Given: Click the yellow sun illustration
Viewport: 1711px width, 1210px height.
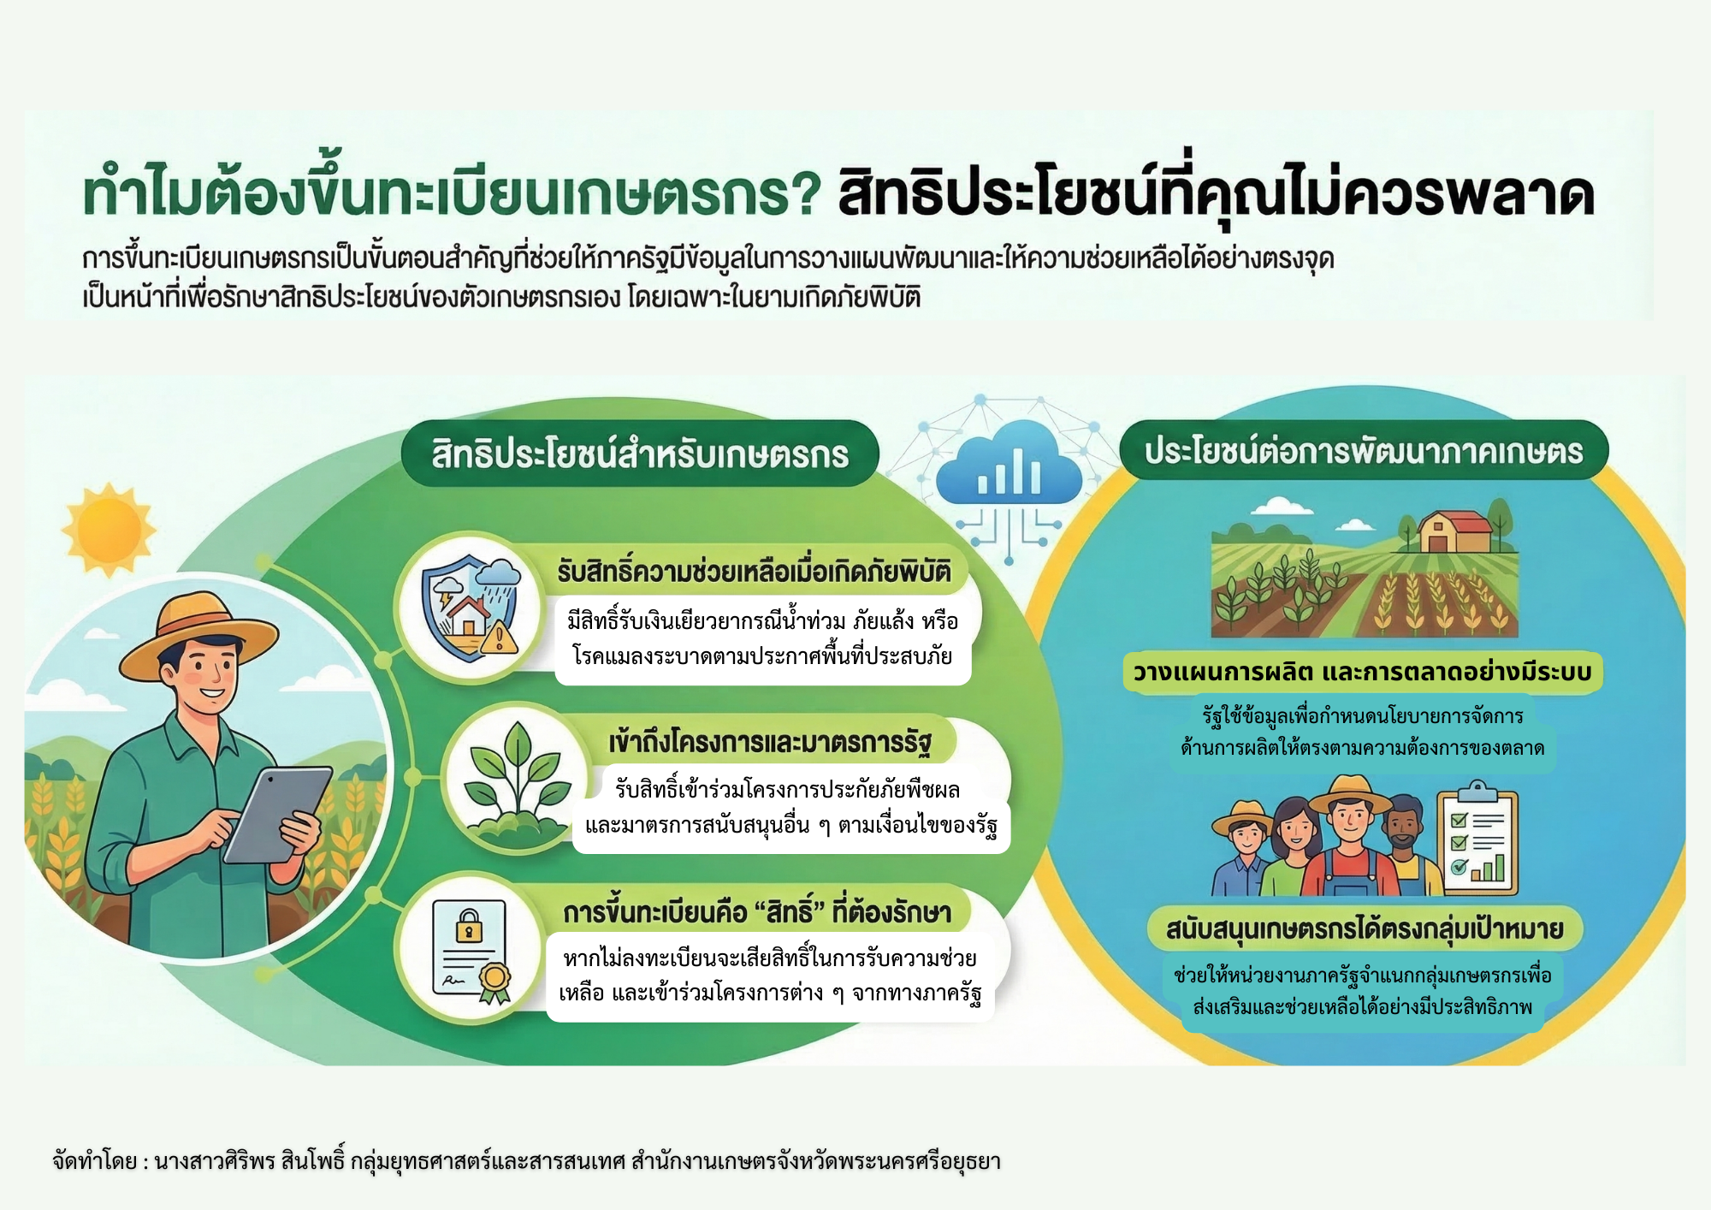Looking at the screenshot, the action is coord(109,530).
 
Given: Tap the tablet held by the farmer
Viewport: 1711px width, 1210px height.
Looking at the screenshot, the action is coord(277,816).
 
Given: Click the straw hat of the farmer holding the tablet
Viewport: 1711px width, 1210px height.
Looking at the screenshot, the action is coord(198,633).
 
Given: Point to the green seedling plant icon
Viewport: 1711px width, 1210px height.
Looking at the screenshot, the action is coord(515,779).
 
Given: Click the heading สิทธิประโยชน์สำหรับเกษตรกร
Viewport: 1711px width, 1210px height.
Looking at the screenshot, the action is coord(640,454).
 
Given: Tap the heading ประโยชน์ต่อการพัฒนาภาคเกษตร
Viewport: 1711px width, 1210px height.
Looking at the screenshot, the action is coord(1364,451).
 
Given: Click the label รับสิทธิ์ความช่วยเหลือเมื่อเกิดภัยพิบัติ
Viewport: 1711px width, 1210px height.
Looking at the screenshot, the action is coord(754,571).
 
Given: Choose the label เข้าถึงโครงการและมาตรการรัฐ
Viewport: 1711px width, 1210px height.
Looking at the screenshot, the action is coord(770,742).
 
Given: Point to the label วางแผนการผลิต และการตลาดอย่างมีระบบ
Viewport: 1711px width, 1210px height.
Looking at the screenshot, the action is coord(1362,672).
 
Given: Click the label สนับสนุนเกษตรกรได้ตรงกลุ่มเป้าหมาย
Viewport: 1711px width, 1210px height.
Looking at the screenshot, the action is coord(1365,929).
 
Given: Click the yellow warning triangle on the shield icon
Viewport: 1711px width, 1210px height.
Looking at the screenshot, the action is coord(500,638).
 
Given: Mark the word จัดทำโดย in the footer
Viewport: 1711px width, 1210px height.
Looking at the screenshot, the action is coord(94,1161).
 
